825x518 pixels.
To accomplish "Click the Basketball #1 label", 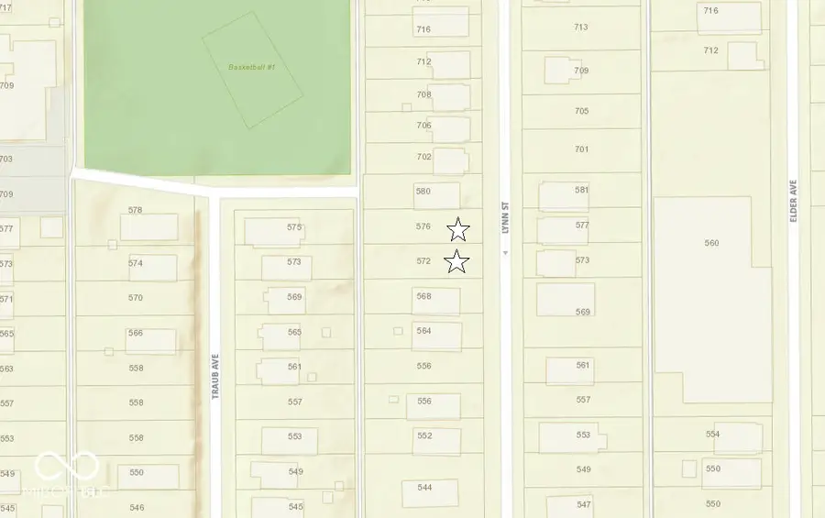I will pyautogui.click(x=251, y=67).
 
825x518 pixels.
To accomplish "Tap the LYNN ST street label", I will pyautogui.click(x=504, y=218).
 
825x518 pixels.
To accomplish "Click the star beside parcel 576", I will pyautogui.click(x=458, y=230).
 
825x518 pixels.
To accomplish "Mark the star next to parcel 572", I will pyautogui.click(x=456, y=262).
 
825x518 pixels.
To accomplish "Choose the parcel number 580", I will pyautogui.click(x=423, y=192).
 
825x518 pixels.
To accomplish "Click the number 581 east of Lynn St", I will pyautogui.click(x=582, y=190).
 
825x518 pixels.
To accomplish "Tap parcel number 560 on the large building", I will pyautogui.click(x=712, y=243).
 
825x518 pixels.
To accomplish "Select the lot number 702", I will pyautogui.click(x=423, y=157).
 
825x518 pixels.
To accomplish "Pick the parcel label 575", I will pyautogui.click(x=294, y=226).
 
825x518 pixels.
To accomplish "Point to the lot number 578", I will pyautogui.click(x=136, y=210).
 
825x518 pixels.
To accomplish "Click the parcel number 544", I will pyautogui.click(x=424, y=487).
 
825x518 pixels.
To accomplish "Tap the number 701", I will pyautogui.click(x=582, y=149).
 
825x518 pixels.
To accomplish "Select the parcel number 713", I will pyautogui.click(x=581, y=27).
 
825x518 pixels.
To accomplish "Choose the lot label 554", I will pyautogui.click(x=712, y=434).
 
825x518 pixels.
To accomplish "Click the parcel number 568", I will pyautogui.click(x=423, y=296).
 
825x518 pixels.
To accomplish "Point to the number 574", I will pyautogui.click(x=136, y=263).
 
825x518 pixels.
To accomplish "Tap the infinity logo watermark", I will pyautogui.click(x=66, y=466).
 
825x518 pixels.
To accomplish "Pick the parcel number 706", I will pyautogui.click(x=423, y=126).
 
